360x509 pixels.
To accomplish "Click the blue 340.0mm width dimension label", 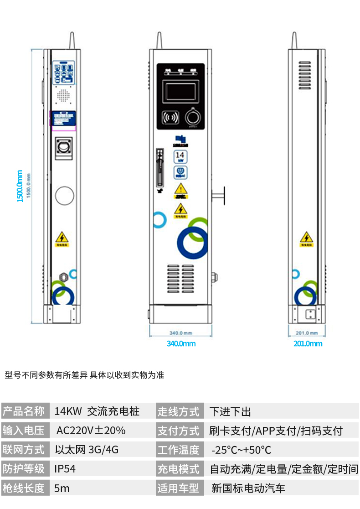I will tap(181, 343).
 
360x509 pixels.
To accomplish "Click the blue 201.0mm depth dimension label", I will tap(308, 343).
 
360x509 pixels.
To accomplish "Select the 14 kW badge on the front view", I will tap(180, 156).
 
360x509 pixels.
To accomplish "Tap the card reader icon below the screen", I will tap(170, 118).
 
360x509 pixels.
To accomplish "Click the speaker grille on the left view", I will tap(63, 96).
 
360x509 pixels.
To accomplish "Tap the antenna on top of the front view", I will tap(159, 41).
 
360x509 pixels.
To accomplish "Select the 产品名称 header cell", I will tap(24, 411).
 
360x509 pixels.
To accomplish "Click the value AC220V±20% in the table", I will tap(91, 431).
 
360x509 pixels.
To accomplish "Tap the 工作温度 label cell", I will tap(179, 450).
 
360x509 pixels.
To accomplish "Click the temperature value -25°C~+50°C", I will tap(241, 450).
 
